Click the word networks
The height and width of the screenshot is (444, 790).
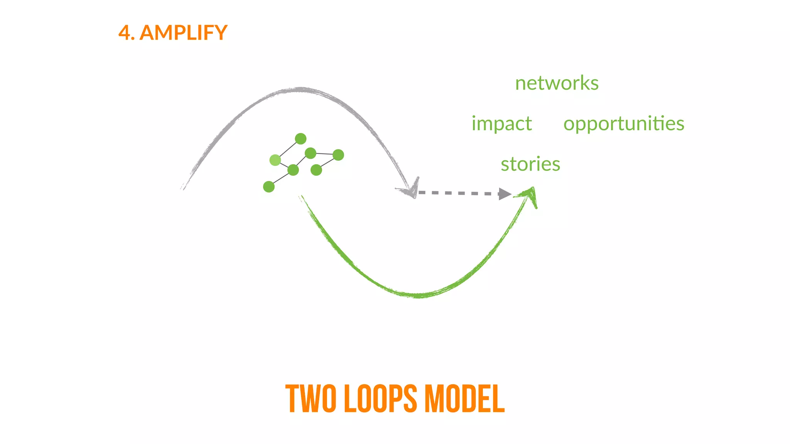coord(557,83)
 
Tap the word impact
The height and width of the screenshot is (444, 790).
coord(501,124)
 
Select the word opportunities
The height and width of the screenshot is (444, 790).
coord(623,124)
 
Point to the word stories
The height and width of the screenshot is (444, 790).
coord(530,164)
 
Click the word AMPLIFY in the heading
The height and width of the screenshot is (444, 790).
coord(183,33)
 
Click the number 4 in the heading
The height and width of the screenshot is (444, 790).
coord(124,33)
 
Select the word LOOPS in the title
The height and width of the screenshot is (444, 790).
coord(380,399)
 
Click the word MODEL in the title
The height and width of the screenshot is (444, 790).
coord(465,399)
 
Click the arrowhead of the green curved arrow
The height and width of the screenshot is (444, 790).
coord(530,194)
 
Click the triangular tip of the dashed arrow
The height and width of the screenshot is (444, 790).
coord(504,194)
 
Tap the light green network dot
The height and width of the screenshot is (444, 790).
coord(275,160)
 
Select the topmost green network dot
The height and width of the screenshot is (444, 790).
coord(300,139)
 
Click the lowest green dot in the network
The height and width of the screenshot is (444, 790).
coord(269,187)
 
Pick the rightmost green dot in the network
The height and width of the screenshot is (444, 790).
coord(338,155)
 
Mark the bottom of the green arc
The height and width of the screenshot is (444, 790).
coord(419,296)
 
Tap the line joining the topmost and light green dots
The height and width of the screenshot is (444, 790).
coord(288,149)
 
